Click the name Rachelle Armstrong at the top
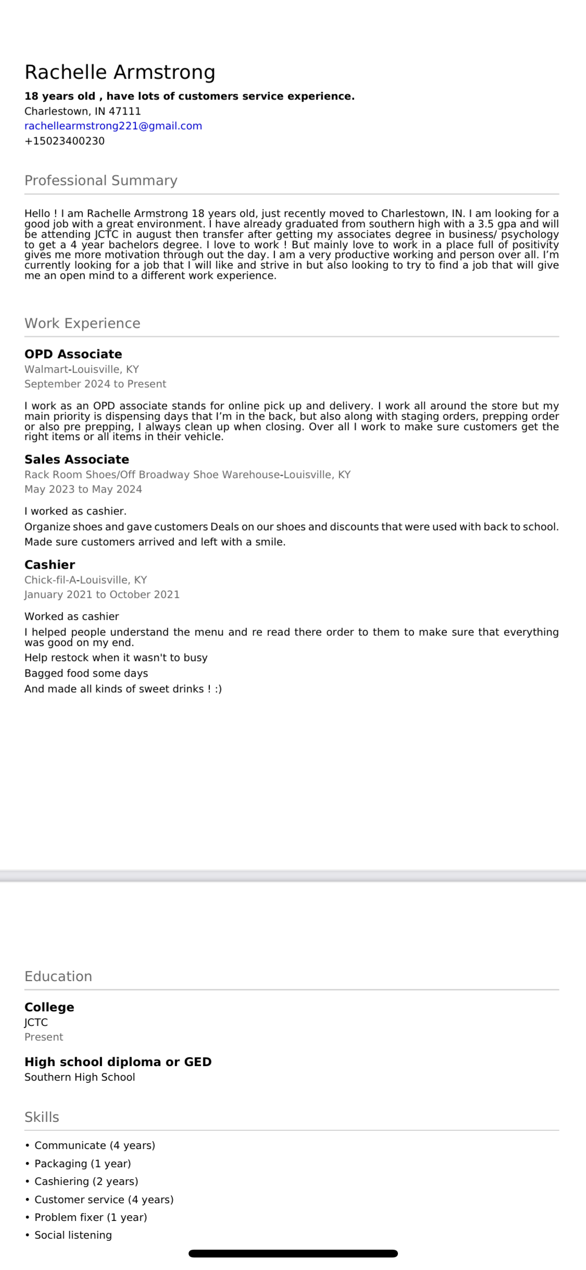(120, 72)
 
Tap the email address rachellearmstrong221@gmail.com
(113, 126)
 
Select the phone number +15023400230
(65, 141)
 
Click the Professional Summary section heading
(101, 180)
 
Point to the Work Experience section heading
(82, 323)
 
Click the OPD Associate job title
(73, 354)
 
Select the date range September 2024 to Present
(95, 384)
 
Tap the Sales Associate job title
(77, 459)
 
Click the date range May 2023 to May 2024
(83, 489)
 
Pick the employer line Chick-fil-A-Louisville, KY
(86, 580)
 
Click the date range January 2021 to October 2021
(102, 594)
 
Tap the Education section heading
(58, 976)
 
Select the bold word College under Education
(49, 1007)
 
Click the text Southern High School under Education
(80, 1077)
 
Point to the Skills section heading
(42, 1117)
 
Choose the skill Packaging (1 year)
(82, 1164)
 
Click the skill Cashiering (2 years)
(86, 1181)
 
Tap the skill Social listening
(73, 1235)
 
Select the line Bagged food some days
(86, 673)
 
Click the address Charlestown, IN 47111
(83, 111)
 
